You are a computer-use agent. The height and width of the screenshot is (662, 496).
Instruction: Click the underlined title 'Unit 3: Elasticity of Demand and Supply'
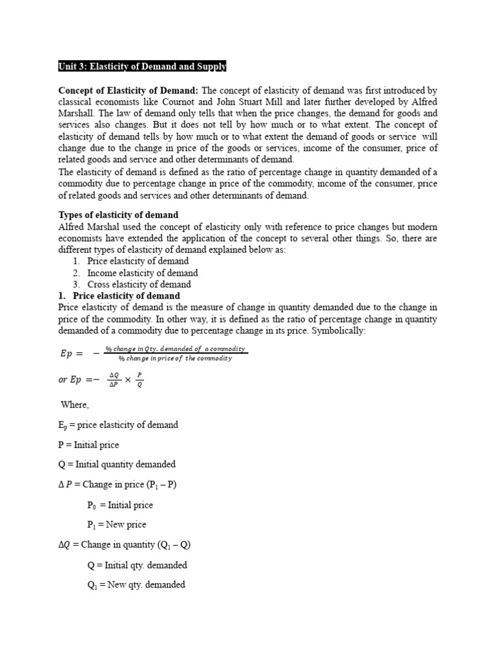[142, 67]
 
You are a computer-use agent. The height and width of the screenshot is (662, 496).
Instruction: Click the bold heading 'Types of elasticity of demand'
[118, 215]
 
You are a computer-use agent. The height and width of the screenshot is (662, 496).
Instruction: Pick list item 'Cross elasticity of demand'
[139, 284]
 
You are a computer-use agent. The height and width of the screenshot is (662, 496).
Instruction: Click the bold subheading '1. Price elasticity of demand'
[119, 296]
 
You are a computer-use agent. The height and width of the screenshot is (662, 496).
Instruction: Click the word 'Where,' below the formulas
[76, 405]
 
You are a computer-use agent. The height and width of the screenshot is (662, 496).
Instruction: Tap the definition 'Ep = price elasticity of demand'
[118, 425]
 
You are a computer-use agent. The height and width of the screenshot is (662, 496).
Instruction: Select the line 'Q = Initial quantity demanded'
[116, 464]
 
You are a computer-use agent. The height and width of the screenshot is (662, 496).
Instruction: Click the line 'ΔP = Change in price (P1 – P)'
[117, 485]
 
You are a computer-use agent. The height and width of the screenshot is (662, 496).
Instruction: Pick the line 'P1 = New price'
[116, 524]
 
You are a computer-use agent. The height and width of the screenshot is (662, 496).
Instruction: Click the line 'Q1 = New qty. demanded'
[136, 584]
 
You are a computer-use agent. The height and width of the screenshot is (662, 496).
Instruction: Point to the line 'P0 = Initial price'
[120, 505]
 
